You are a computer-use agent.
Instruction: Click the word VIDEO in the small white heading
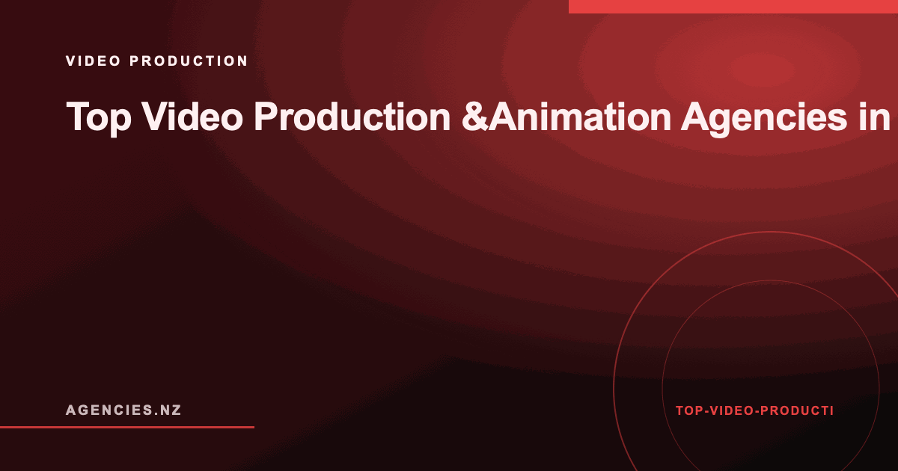click(x=93, y=61)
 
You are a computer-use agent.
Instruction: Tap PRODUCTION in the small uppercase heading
click(x=189, y=61)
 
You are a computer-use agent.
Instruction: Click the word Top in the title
click(x=99, y=117)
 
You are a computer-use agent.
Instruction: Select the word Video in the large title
click(x=192, y=116)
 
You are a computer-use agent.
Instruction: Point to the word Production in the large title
click(x=352, y=116)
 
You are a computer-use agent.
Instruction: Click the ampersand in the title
click(x=474, y=117)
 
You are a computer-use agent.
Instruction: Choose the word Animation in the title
click(x=579, y=116)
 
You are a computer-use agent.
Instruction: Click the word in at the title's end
click(x=874, y=116)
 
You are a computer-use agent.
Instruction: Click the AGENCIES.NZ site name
click(x=123, y=410)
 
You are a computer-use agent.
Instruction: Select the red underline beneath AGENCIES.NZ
click(x=127, y=427)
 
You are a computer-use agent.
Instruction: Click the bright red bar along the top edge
click(x=733, y=7)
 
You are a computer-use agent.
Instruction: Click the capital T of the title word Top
click(x=76, y=115)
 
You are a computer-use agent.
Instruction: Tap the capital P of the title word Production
click(x=266, y=116)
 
